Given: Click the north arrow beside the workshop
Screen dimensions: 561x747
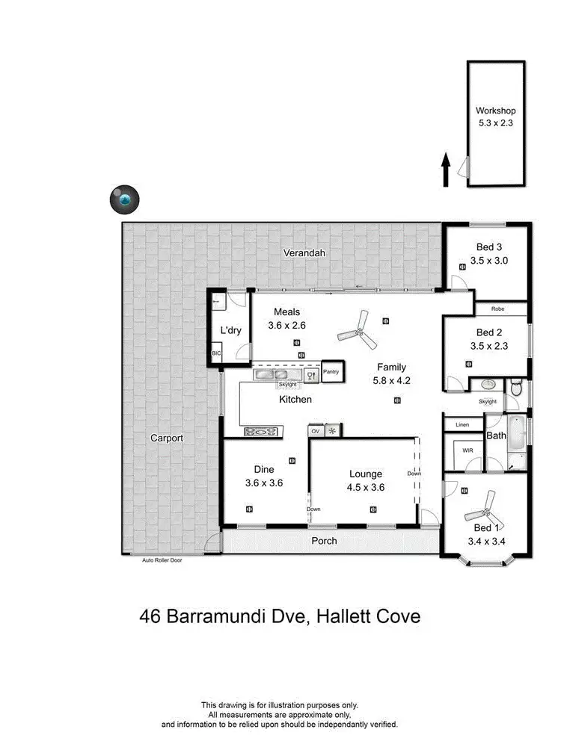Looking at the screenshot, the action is tap(446, 170).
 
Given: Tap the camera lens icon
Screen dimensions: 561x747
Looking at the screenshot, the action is tap(124, 199).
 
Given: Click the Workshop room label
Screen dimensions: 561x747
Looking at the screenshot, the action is tap(496, 111).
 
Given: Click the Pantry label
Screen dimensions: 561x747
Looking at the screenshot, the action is tap(331, 371).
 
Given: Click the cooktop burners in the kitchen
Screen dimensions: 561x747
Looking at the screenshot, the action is tap(261, 431).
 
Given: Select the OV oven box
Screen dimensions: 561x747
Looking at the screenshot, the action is tap(316, 431).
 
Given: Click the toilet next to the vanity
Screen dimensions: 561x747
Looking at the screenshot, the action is tap(515, 388).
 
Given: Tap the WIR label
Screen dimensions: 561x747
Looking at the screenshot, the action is tap(468, 450).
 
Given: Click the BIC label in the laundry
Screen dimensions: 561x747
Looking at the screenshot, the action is tap(217, 353).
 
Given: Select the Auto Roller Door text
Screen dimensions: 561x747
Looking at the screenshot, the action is tap(162, 560).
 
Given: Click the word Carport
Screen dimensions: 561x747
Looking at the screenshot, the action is tap(166, 438).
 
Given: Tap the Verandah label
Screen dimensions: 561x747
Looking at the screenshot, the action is tap(304, 253).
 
